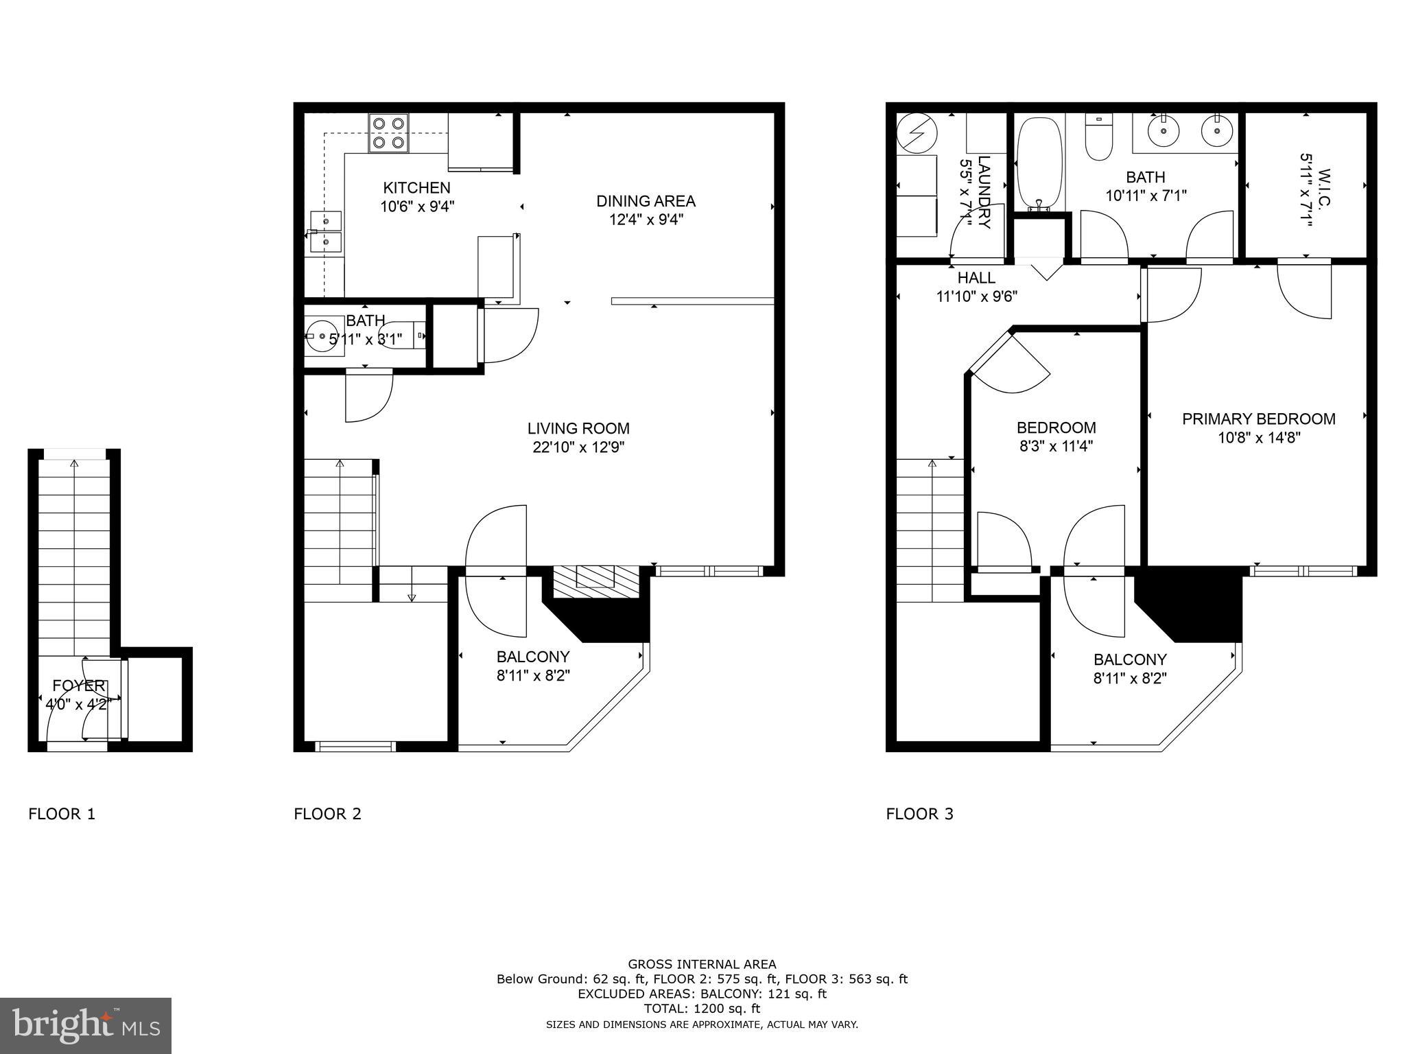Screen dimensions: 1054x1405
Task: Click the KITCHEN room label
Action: tap(416, 187)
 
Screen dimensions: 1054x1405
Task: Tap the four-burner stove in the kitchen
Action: tap(388, 134)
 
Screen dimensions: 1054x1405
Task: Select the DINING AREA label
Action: tap(646, 201)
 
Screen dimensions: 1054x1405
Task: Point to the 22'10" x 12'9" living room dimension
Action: tap(578, 447)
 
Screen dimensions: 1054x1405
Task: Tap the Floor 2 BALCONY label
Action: tap(533, 657)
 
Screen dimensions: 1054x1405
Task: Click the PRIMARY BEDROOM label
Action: tap(1258, 419)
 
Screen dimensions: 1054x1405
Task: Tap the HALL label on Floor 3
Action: tap(976, 278)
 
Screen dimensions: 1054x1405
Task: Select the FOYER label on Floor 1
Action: tap(80, 686)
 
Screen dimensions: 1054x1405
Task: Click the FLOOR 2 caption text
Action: tap(327, 814)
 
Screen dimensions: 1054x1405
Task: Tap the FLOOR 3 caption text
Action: tap(919, 814)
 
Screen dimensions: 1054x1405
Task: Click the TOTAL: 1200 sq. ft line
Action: tap(702, 1009)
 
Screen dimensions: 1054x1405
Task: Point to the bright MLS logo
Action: tap(86, 1025)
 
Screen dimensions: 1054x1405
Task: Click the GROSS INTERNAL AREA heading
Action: tap(702, 964)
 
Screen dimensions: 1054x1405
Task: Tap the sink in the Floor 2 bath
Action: tap(321, 336)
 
